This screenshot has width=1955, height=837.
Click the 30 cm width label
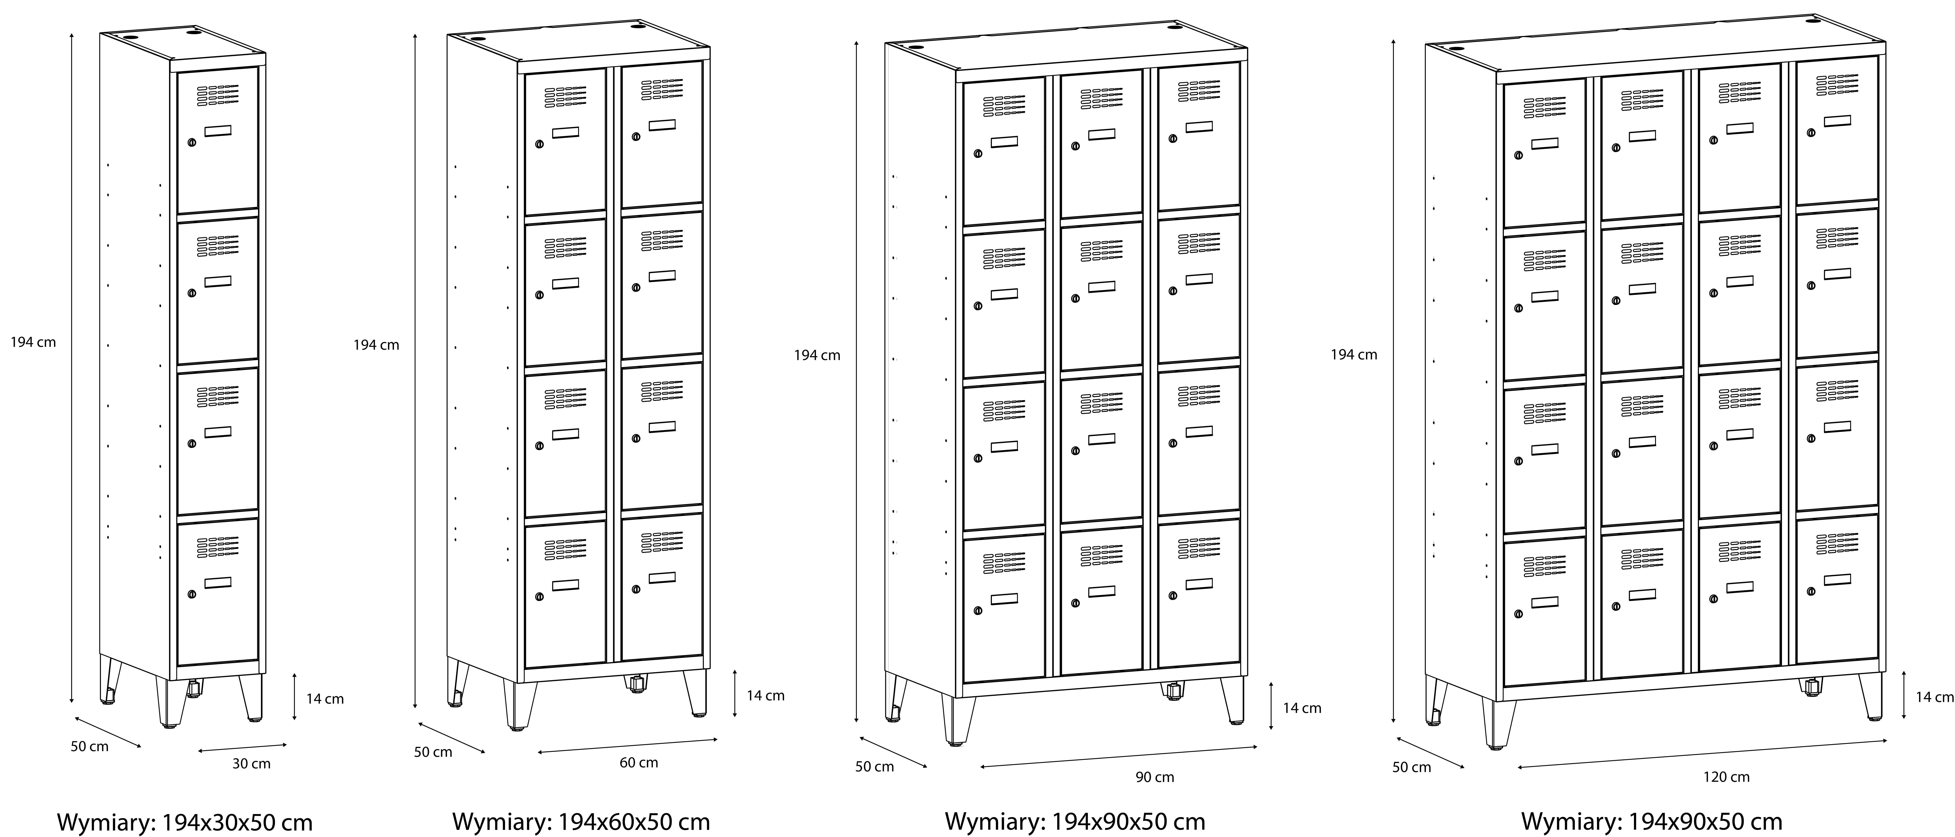coord(251,763)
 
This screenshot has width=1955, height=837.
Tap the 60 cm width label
coord(639,763)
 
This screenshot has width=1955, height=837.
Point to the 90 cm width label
coord(1155,777)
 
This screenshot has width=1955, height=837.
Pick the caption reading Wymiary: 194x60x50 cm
coord(581,822)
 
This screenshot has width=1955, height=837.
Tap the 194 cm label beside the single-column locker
coord(33,342)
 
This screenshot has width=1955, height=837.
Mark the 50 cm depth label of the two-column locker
coord(433,752)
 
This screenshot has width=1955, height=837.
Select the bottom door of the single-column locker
coord(218,592)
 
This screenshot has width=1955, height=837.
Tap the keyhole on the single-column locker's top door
coord(191,142)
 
